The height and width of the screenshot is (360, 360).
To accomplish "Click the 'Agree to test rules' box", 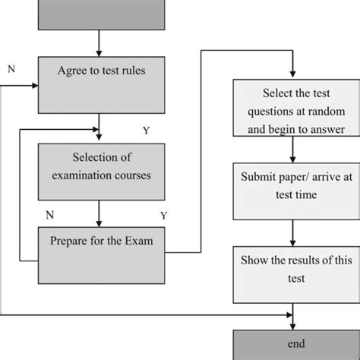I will click(100, 84).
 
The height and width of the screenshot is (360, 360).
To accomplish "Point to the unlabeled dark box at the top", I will click(100, 14).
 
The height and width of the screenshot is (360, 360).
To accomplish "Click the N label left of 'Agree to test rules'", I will click(11, 68).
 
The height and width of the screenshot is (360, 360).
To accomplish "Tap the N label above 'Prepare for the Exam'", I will click(49, 215).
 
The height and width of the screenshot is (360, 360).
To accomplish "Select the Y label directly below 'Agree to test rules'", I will click(146, 131).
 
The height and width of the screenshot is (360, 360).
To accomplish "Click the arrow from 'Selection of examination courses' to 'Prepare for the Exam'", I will click(100, 213).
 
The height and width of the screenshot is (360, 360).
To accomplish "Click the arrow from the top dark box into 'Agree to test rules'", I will click(100, 44).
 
